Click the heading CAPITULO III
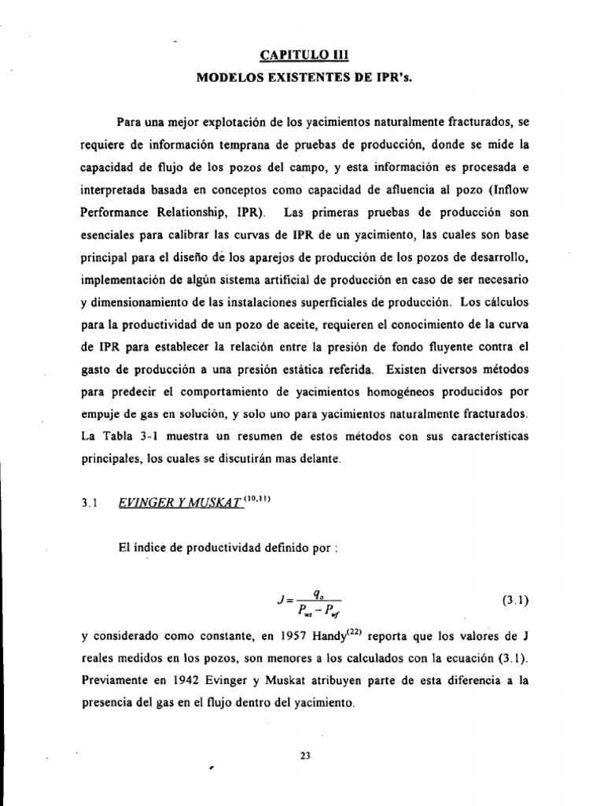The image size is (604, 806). [x=302, y=55]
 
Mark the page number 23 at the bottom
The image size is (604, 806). [x=306, y=756]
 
